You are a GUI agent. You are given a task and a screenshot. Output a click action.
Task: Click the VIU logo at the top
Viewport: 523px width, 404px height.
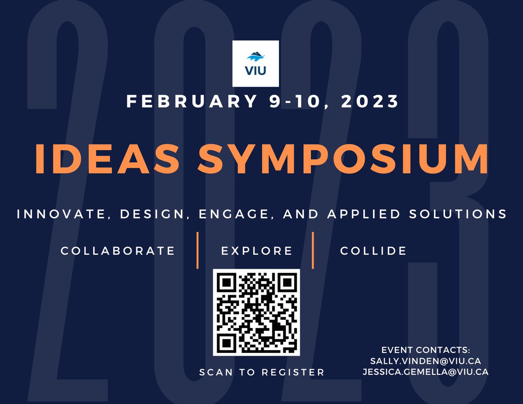click(255, 63)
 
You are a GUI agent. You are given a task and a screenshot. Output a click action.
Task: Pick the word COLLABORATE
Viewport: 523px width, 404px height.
click(118, 251)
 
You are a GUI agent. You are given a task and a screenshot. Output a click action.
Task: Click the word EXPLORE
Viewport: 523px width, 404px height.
click(257, 251)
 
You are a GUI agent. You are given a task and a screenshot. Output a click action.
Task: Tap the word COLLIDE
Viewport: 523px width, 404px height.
click(373, 251)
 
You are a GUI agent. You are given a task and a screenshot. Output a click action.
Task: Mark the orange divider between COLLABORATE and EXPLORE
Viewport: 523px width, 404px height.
click(197, 251)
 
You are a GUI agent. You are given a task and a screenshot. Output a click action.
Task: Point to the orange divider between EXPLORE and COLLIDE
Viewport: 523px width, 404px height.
click(313, 251)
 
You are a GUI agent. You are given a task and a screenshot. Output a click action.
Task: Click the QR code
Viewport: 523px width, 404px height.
click(256, 312)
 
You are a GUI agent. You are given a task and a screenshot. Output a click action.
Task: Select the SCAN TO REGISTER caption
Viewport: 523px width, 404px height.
click(261, 372)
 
